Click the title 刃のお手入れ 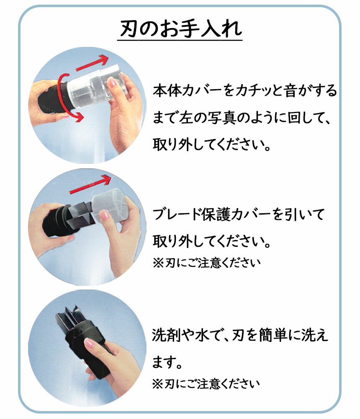[180, 28]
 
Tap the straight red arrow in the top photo [93, 63]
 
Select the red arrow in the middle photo [90, 184]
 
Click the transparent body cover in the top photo [96, 85]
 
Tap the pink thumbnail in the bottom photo [89, 343]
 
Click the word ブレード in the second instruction [177, 215]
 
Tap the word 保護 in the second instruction [216, 215]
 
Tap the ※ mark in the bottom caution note [157, 384]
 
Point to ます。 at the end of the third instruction [167, 362]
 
